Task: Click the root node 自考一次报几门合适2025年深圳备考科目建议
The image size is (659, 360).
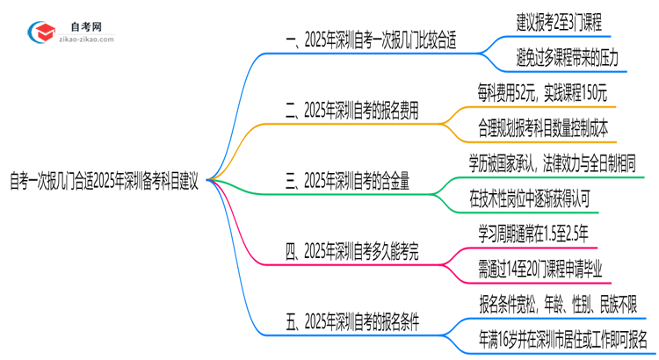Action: (x=105, y=185)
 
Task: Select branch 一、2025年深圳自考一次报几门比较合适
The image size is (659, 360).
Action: (x=372, y=41)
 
